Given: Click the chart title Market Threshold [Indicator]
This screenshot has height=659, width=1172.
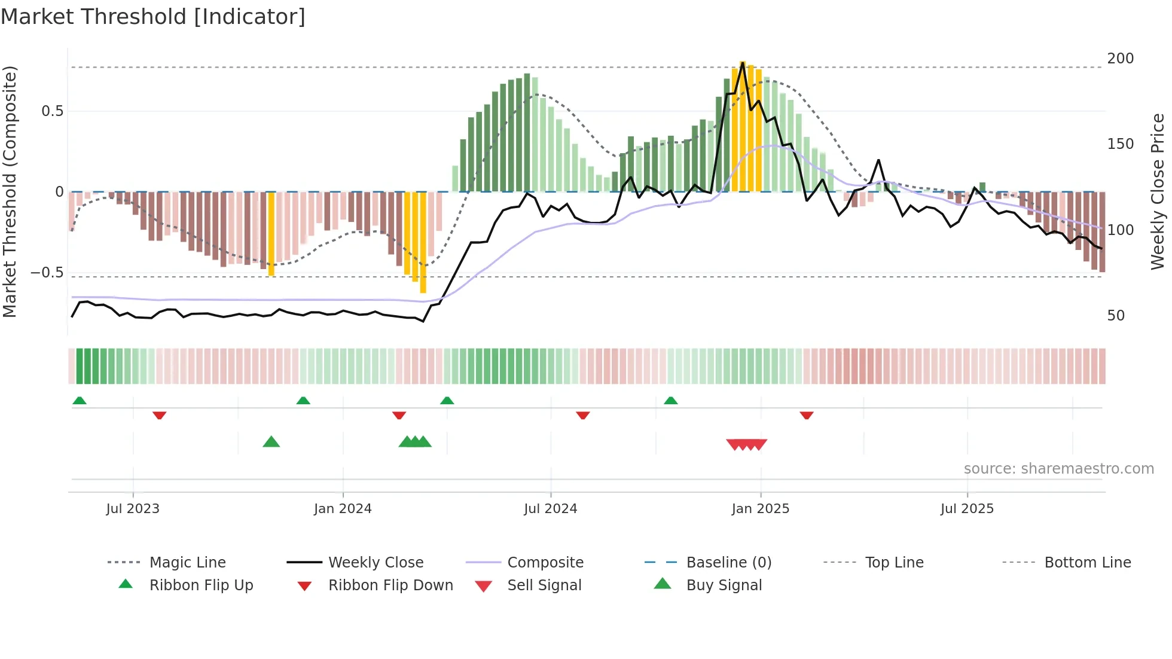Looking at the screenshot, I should [x=153, y=17].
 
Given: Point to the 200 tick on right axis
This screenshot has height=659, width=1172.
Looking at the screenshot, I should [x=1120, y=59].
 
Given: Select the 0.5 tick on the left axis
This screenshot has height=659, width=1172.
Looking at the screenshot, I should [x=52, y=111].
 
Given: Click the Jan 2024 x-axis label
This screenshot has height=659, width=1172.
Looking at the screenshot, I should [x=343, y=509].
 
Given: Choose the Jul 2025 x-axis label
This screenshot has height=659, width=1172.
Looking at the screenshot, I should [x=967, y=509].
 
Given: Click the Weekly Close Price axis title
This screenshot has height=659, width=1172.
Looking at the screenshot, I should [x=1158, y=191].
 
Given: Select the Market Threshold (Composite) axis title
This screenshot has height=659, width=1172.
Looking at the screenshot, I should [x=10, y=191].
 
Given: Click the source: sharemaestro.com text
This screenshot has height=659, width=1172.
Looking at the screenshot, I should [x=1058, y=469].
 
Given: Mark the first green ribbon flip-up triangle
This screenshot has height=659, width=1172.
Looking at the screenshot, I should [x=80, y=401].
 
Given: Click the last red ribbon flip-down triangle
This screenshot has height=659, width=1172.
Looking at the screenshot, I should [x=807, y=415].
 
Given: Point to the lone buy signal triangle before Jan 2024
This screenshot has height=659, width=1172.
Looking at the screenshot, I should [x=271, y=442].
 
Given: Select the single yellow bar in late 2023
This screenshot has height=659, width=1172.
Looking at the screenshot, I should [x=271, y=233].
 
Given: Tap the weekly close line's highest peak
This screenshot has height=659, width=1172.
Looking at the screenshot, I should [x=743, y=62].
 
